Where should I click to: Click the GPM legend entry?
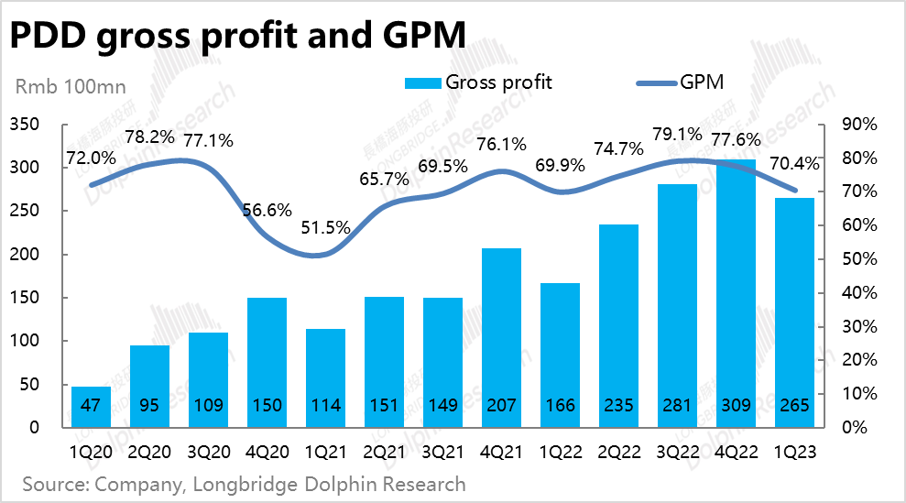(679, 82)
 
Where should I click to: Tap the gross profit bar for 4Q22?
(736, 293)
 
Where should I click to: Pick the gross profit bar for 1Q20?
(92, 407)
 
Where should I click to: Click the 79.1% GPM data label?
(677, 135)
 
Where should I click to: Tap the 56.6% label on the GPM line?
(267, 210)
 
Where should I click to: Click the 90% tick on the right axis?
(861, 125)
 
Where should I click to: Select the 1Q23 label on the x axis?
(794, 451)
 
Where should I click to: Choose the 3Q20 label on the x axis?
(209, 451)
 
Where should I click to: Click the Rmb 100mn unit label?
(71, 88)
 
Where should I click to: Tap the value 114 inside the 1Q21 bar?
(325, 406)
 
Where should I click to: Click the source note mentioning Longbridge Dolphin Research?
(244, 484)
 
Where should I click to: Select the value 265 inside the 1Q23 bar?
(794, 406)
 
